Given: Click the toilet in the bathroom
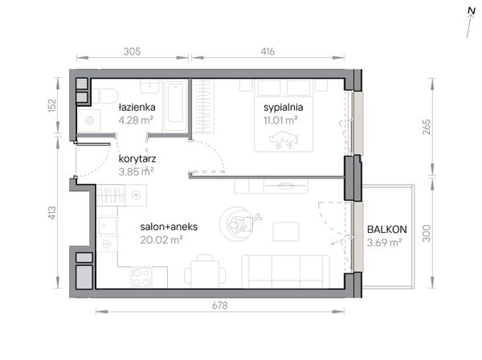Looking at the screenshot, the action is coord(105,96).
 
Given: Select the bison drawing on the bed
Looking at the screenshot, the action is coord(284,140).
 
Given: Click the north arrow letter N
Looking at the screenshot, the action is coord(472,10).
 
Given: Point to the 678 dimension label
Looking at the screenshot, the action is coord(220,305).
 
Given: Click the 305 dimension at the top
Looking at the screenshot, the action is coord(133,51).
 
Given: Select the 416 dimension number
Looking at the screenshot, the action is coord(268,51).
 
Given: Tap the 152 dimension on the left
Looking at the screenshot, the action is coord(52,104).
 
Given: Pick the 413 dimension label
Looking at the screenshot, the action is coord(52,213).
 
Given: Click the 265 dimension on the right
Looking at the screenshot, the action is coord(427,127).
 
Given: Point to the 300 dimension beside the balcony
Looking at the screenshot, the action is coord(427,234).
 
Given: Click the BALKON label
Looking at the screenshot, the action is coord(387,229).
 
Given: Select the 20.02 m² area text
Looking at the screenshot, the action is coord(161,239).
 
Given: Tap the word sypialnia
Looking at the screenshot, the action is coord(283,108).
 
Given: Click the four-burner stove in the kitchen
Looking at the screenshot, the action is coord(141,277).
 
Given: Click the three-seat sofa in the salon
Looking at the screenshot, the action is coord(285,272).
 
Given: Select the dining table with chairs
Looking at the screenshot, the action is coord(205,272).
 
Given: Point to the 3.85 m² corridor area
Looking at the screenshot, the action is coord(137,171).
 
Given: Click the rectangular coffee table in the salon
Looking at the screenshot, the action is coord(286,231).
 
